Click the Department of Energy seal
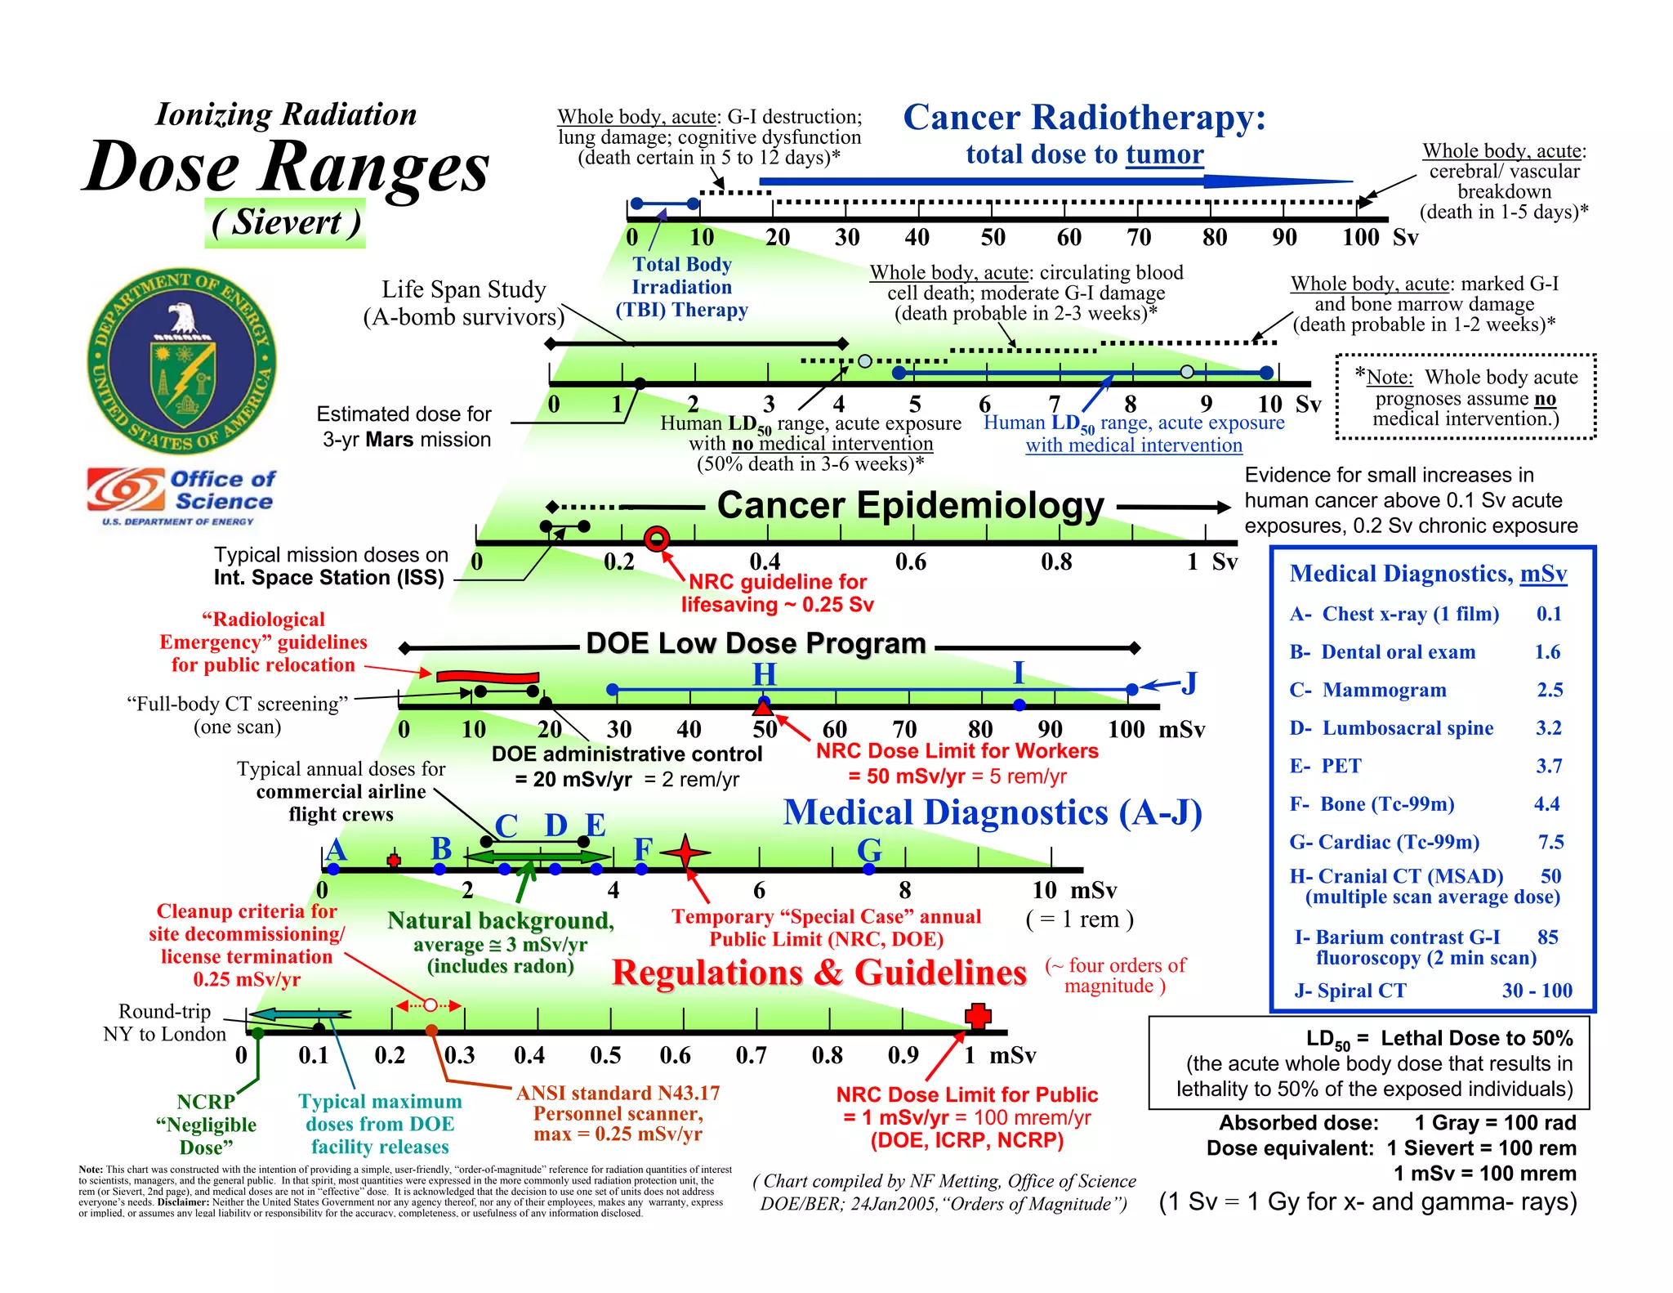[181, 360]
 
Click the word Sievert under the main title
[285, 222]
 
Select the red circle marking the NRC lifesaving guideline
[657, 539]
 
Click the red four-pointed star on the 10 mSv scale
[685, 852]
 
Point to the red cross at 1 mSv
[978, 1016]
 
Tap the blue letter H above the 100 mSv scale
[764, 674]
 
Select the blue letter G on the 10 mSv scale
[869, 850]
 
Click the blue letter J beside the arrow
[1189, 682]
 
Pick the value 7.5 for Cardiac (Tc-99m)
[1550, 842]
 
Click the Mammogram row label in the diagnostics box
[1384, 690]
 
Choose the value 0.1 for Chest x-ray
[1549, 614]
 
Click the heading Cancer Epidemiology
[910, 505]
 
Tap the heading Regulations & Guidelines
[819, 973]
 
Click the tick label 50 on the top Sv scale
[993, 238]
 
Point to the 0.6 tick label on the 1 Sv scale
[910, 562]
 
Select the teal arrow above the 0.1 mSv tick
[299, 1014]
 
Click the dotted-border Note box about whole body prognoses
[1466, 397]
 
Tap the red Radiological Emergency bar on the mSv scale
[488, 677]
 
